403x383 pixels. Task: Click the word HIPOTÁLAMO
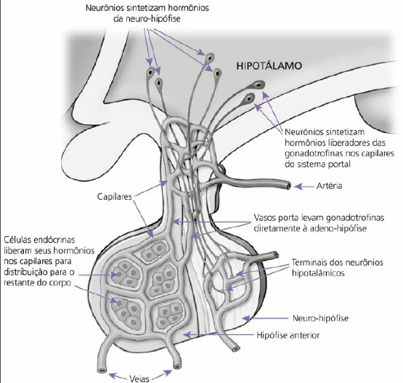coord(269,65)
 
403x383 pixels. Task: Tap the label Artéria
coord(329,186)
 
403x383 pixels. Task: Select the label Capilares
coord(115,197)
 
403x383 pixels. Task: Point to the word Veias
coord(139,379)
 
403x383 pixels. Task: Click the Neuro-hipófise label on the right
coord(320,318)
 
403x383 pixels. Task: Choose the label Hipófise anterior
coord(288,335)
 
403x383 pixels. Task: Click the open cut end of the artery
coord(288,186)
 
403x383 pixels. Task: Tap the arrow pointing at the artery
coord(304,186)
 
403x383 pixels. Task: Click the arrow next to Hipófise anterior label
coord(219,334)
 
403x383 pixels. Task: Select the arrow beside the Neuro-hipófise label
coord(265,318)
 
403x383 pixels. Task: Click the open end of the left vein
coord(102,371)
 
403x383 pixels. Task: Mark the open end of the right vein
coord(177,366)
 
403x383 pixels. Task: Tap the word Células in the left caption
coord(17,240)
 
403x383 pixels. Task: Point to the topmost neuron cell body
coord(210,57)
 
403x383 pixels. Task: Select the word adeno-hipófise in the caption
coord(338,228)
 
